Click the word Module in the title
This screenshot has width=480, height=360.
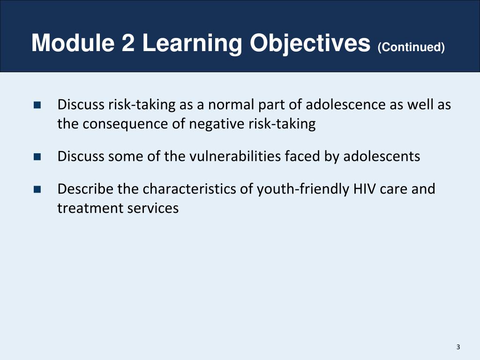(x=73, y=43)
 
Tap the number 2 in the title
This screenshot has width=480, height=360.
(x=128, y=43)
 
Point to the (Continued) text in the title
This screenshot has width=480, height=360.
(x=411, y=47)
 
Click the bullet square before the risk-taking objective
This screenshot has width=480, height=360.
(x=37, y=105)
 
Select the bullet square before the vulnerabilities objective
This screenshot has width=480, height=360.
(x=37, y=157)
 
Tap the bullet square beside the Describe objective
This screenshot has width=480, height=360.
(x=37, y=189)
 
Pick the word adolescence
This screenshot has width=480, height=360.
(x=345, y=105)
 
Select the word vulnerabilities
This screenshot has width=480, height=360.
(x=235, y=156)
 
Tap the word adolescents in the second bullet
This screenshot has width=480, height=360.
(x=382, y=156)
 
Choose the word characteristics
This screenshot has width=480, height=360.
(x=189, y=189)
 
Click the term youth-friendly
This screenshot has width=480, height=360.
(x=303, y=189)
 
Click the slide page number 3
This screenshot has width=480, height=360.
(x=458, y=347)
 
